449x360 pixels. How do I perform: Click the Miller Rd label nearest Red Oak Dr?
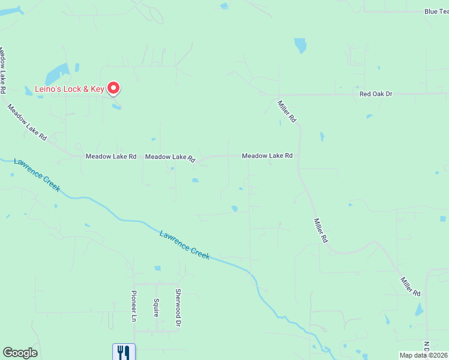(x=287, y=112)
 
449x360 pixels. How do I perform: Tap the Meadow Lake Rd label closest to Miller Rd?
(x=267, y=156)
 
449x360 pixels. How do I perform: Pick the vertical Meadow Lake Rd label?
(x=3, y=70)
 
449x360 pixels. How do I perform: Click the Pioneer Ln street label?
(x=134, y=306)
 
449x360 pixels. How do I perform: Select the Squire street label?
(x=156, y=307)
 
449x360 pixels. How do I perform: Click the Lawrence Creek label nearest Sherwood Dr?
(x=185, y=245)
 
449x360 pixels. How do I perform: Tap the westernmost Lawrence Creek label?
(x=37, y=175)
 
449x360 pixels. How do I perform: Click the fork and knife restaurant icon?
(x=124, y=352)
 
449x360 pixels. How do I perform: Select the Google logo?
(x=20, y=353)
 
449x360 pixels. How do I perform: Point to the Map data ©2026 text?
(x=423, y=355)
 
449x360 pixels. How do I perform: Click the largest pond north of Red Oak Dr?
(x=300, y=46)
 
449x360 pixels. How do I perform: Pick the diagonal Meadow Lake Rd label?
(x=26, y=122)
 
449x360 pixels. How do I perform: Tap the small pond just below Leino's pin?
(x=116, y=106)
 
